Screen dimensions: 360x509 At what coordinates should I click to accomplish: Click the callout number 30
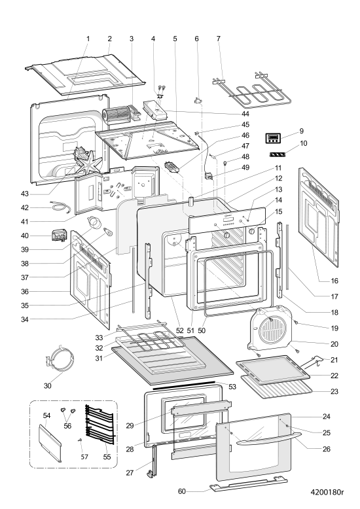[x=47, y=385]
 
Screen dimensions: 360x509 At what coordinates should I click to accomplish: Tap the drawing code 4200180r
[x=327, y=492]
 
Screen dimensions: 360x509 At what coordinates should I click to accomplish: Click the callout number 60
[x=181, y=491]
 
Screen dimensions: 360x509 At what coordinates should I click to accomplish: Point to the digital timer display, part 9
[x=272, y=138]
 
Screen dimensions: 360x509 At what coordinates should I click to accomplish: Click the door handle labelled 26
[x=267, y=441]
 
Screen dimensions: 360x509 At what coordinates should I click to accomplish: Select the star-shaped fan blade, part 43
[x=90, y=162]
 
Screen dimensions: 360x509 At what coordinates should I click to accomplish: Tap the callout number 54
[x=46, y=415]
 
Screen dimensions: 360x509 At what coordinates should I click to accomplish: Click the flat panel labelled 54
[x=50, y=443]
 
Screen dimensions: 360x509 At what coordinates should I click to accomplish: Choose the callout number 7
[x=219, y=39]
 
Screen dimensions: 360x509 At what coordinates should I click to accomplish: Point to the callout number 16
[x=334, y=281]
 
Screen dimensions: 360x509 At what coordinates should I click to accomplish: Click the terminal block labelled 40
[x=60, y=236]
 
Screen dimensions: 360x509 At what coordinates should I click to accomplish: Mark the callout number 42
[x=25, y=208]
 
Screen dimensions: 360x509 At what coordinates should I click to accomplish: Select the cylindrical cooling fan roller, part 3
[x=112, y=115]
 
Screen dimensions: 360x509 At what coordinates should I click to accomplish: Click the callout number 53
[x=232, y=387]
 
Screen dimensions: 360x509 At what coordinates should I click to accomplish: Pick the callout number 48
[x=245, y=156]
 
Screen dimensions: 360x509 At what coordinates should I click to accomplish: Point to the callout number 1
[x=88, y=39]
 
